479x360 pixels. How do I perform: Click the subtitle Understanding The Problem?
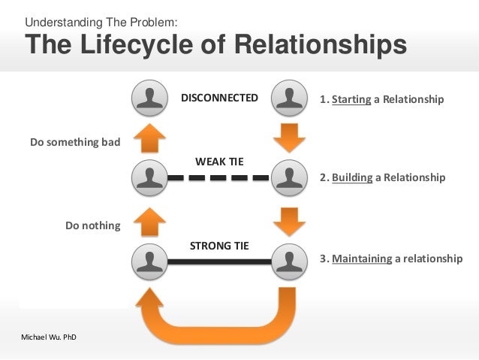102,22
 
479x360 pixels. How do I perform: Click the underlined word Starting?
351,99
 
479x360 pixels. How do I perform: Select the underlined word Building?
352,178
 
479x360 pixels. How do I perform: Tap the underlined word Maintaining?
362,259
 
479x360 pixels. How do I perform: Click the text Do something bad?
74,142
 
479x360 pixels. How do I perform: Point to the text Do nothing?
92,225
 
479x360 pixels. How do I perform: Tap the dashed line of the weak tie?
218,178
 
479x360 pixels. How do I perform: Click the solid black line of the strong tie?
218,261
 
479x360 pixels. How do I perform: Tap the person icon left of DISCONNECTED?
149,98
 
